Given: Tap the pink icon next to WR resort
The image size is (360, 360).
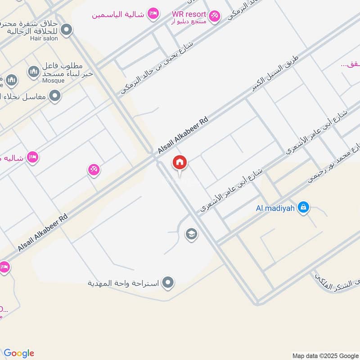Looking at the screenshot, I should click(x=214, y=16).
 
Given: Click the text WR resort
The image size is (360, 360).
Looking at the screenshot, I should click(x=188, y=14).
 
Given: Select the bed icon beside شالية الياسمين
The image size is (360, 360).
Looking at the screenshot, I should click(x=153, y=14).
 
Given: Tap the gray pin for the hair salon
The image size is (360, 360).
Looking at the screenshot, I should click(x=67, y=31).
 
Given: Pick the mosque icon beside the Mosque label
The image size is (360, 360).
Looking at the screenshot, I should click(x=34, y=71).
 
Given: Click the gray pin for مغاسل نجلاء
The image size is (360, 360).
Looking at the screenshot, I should click(x=55, y=95).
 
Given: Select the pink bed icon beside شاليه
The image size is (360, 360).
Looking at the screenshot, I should click(x=32, y=157).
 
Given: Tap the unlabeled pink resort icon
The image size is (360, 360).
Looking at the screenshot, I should click(x=94, y=170).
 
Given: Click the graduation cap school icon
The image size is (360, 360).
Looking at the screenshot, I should click(x=191, y=234).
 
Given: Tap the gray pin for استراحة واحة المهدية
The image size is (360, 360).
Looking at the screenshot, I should click(x=168, y=283).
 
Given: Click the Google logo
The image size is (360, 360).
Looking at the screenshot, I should click(x=19, y=353).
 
